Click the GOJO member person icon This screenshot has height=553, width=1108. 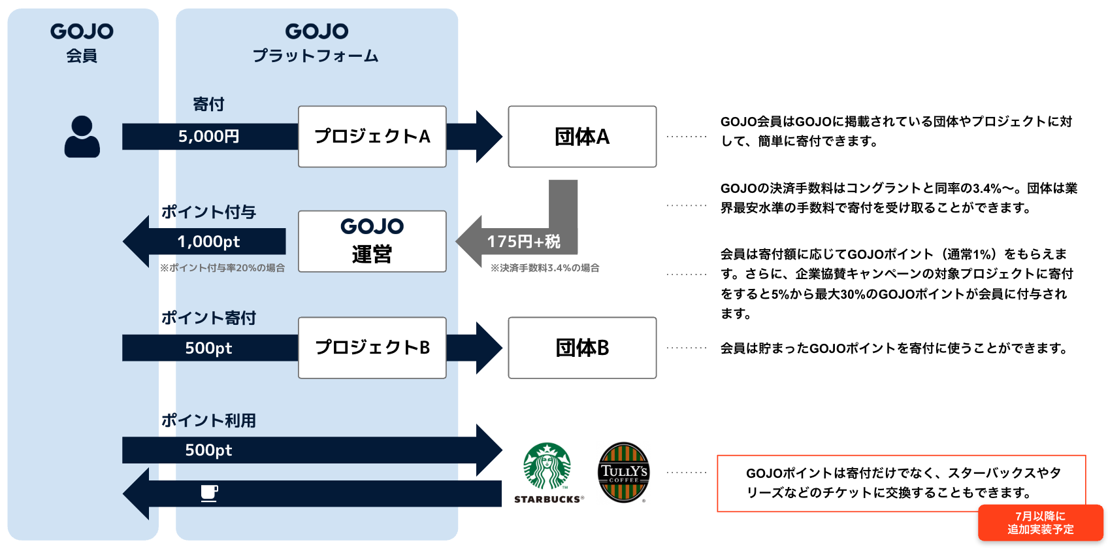point(82,137)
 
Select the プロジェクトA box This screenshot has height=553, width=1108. point(372,137)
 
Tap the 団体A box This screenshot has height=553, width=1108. point(582,137)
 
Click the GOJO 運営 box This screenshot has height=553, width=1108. point(372,241)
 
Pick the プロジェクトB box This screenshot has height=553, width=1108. point(372,348)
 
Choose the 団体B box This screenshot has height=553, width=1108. point(582,348)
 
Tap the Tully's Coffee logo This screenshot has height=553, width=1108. point(624,472)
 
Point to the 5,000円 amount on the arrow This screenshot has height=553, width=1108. point(208,137)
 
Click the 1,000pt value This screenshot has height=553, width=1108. point(208,242)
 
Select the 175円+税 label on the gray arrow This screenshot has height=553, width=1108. point(523,242)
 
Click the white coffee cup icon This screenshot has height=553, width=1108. point(209,494)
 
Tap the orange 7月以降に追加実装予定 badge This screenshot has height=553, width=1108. point(1040,523)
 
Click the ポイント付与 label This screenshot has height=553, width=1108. point(208,212)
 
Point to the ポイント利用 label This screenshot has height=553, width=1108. point(208,420)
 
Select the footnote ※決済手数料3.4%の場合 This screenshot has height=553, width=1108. point(545,268)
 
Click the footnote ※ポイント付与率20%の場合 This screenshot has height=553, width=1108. point(222,268)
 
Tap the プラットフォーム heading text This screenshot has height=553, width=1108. point(316,56)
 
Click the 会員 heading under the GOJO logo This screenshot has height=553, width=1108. point(82,56)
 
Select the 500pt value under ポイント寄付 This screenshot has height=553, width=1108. point(208,348)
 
